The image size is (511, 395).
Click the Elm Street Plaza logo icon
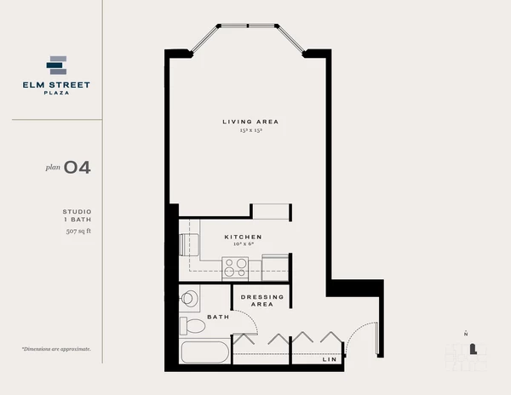pyautogui.click(x=56, y=66)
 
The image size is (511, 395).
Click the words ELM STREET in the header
pyautogui.click(x=56, y=84)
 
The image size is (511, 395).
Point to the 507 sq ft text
pyautogui.click(x=78, y=231)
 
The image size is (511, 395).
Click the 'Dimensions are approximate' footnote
pyautogui.click(x=56, y=349)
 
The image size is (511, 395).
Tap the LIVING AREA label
pyautogui.click(x=250, y=122)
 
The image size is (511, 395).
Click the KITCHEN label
pyautogui.click(x=243, y=237)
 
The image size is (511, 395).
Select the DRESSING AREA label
pyautogui.click(x=256, y=300)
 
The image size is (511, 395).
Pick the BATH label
pyautogui.click(x=218, y=317)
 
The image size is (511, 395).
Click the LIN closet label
pyautogui.click(x=329, y=359)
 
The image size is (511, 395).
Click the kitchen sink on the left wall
pyautogui.click(x=190, y=243)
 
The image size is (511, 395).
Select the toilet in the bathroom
pyautogui.click(x=192, y=325)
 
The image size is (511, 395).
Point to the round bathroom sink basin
pyautogui.click(x=190, y=298)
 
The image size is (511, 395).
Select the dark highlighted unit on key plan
pyautogui.click(x=474, y=347)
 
